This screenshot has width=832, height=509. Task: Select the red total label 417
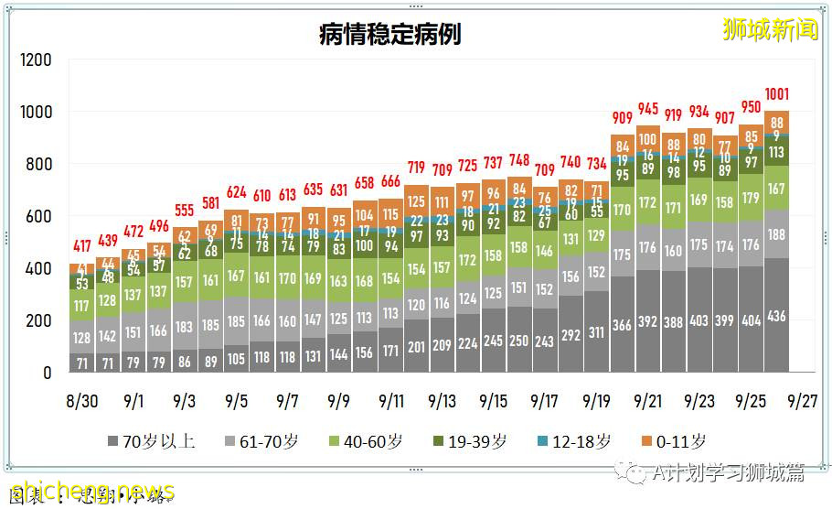(x=80, y=246)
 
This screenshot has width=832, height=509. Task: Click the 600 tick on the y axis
(x=38, y=217)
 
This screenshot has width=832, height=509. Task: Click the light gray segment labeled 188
(x=776, y=234)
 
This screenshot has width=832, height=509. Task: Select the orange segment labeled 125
(x=416, y=201)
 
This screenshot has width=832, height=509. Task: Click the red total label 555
(x=184, y=211)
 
